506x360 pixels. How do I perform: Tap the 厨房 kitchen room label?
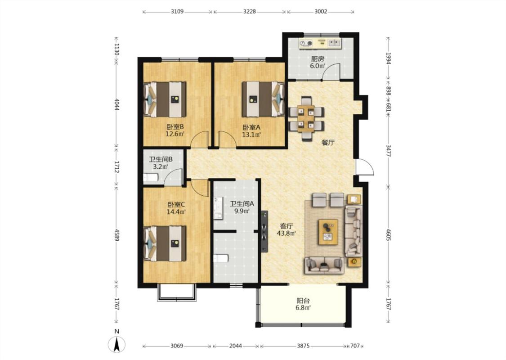click(318, 59)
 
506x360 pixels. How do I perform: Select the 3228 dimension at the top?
click(250, 12)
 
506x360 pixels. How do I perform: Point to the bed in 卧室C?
click(165, 243)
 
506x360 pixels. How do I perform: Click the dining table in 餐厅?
click(306, 118)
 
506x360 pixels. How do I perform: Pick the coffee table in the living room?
click(328, 232)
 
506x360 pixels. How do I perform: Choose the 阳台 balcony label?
click(303, 301)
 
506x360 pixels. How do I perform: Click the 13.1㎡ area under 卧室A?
click(251, 134)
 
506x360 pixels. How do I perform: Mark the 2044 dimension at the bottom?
click(236, 346)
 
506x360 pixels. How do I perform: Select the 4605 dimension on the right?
click(389, 235)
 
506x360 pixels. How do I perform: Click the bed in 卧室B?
click(165, 99)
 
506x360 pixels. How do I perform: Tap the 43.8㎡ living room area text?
click(287, 233)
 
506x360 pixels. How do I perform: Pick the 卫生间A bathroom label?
click(242, 204)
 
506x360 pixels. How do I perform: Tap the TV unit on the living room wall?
click(264, 231)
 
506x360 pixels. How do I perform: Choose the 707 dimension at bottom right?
click(355, 346)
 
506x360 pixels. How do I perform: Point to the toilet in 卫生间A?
click(221, 258)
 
